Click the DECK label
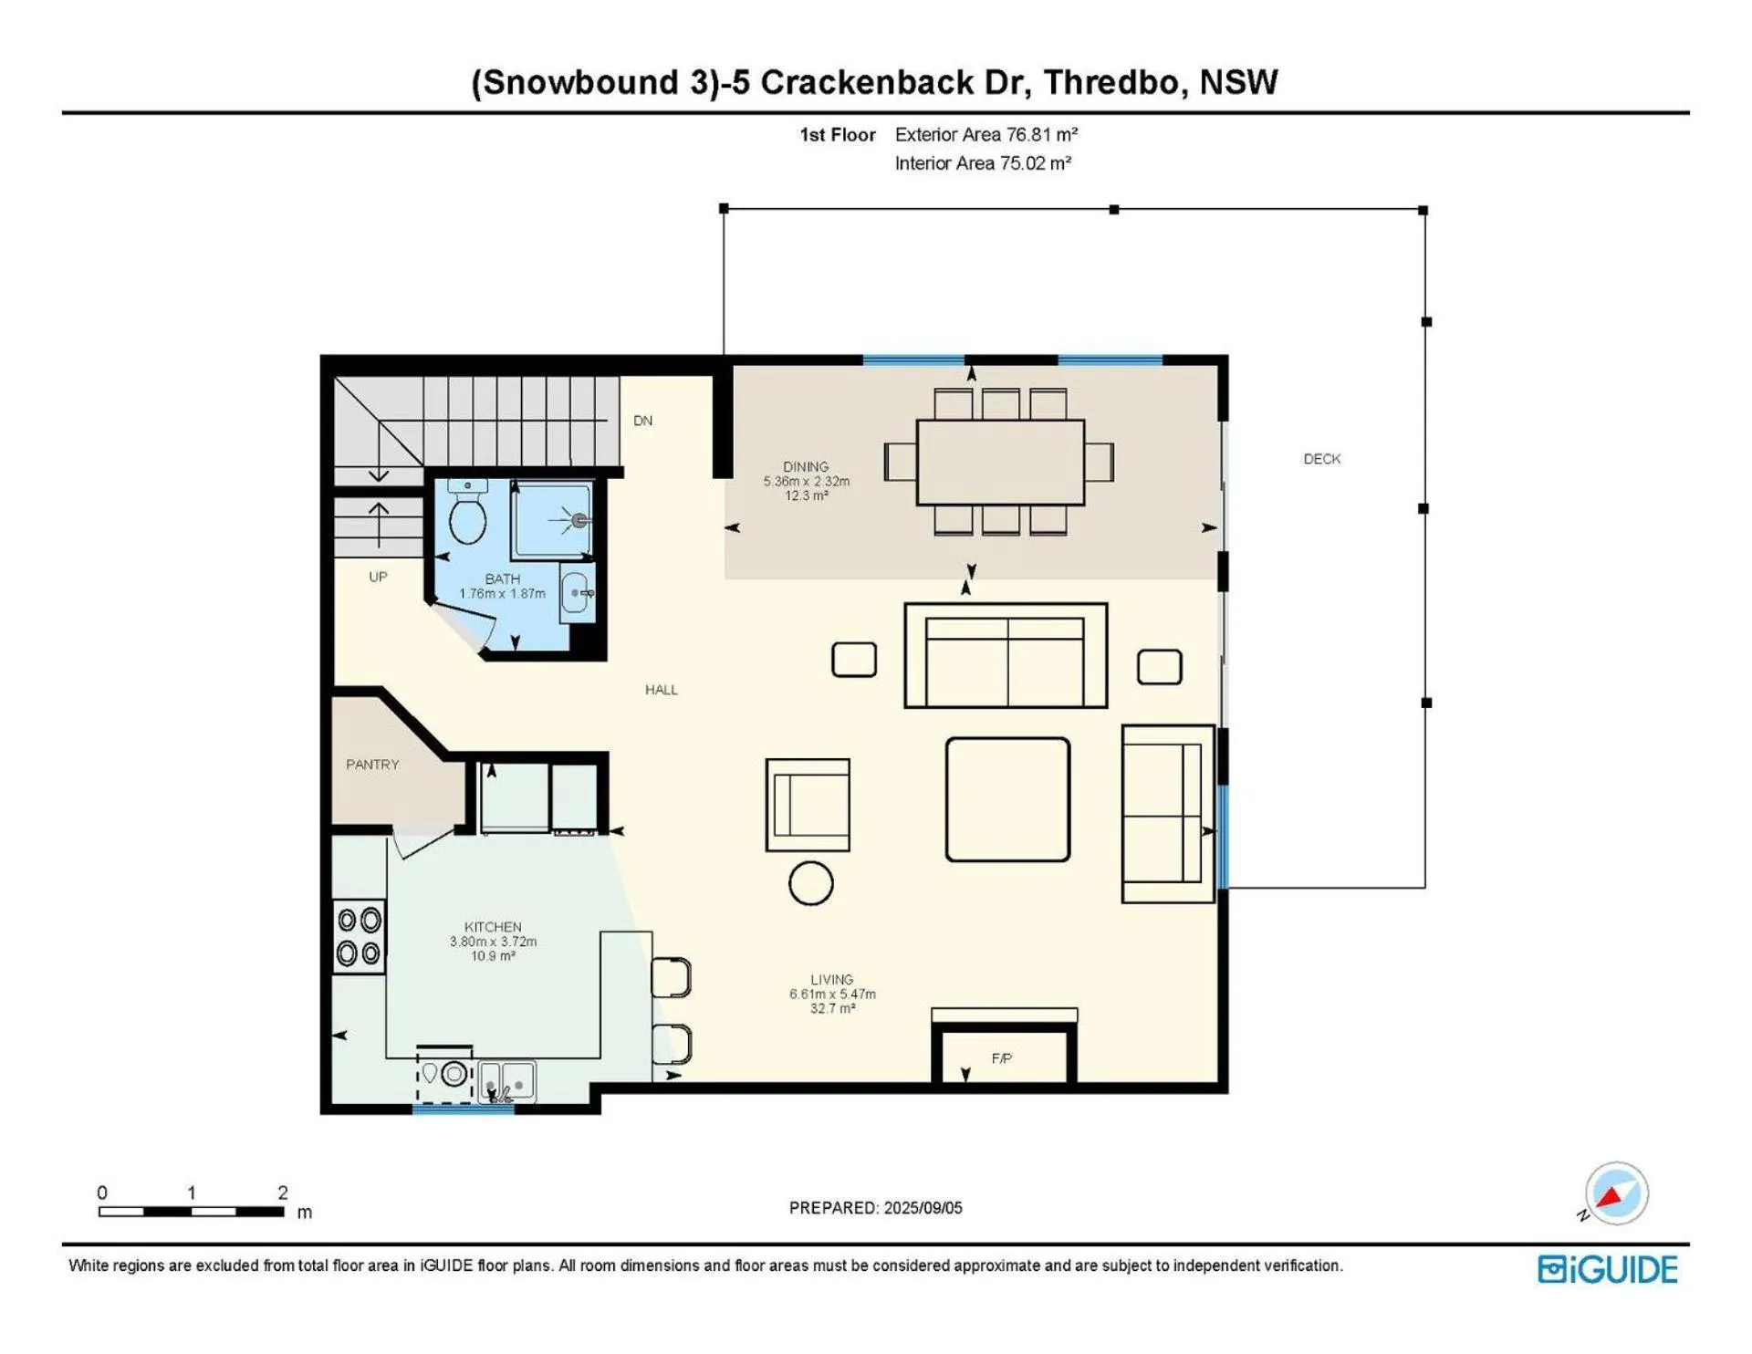click(x=1321, y=459)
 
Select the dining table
click(x=1000, y=462)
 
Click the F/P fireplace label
click(x=1001, y=1058)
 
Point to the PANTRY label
click(x=372, y=765)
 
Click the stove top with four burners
click(x=359, y=936)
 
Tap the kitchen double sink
click(x=506, y=1082)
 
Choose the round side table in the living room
click(x=810, y=883)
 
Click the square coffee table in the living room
click(x=1007, y=799)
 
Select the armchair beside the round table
click(x=808, y=805)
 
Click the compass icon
click(x=1615, y=1193)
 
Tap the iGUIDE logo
click(x=1608, y=1269)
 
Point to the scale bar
click(x=191, y=1212)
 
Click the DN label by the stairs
click(x=642, y=421)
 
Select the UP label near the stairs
click(x=378, y=577)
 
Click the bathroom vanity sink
click(x=576, y=594)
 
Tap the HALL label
click(x=662, y=690)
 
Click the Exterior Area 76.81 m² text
click(x=986, y=135)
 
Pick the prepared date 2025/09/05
click(x=923, y=1208)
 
